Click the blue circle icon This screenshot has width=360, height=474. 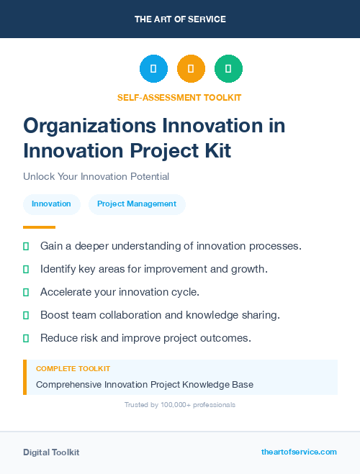(153, 69)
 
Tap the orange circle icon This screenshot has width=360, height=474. (191, 69)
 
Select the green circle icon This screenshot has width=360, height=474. (228, 69)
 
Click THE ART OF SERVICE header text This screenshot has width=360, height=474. (180, 19)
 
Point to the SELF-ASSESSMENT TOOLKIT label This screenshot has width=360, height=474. (179, 97)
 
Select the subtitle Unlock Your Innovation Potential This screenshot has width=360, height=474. (96, 176)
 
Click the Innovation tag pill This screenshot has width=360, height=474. (51, 204)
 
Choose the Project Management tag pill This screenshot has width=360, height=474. (137, 204)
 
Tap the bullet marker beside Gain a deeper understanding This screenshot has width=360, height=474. (26, 246)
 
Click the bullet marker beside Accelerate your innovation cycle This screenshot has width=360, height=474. (26, 292)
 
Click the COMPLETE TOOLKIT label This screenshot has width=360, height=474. (73, 368)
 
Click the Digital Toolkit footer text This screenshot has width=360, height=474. (51, 452)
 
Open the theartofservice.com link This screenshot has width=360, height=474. (299, 452)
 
